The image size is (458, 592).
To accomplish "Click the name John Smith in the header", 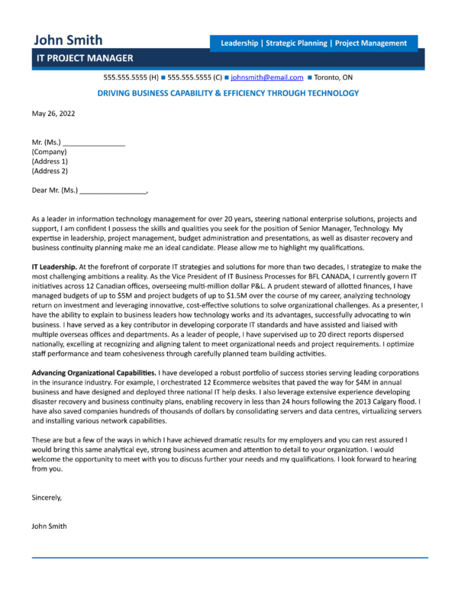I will pos(67,40).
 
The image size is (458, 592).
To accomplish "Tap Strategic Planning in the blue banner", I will pos(295,43).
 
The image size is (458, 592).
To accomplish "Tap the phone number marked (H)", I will pos(131,78).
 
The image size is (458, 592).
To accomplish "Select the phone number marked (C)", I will pos(194,78).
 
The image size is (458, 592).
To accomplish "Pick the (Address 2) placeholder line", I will pos(50,171).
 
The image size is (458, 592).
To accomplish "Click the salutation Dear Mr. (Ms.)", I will pos(55,191).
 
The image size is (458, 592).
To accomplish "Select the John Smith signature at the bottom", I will pos(50,526).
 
